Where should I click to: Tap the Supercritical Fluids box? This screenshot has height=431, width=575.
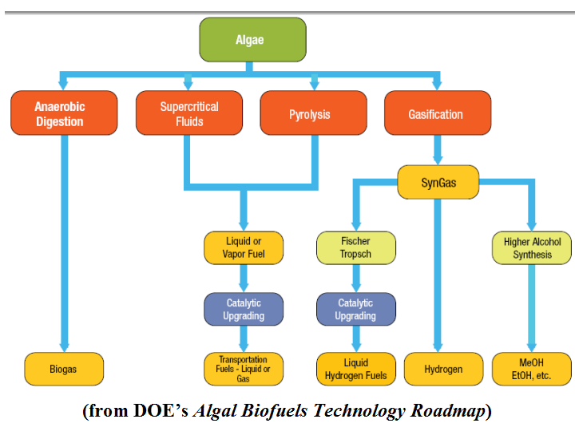(x=189, y=113)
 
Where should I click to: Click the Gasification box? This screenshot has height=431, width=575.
(x=435, y=113)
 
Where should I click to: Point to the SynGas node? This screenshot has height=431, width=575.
(x=438, y=182)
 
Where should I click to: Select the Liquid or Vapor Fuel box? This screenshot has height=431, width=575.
(x=244, y=248)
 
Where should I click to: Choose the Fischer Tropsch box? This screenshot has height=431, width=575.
(x=355, y=248)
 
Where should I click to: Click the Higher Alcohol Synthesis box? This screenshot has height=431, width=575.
(x=532, y=248)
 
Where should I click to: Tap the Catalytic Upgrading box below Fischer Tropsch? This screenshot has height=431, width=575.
(x=355, y=310)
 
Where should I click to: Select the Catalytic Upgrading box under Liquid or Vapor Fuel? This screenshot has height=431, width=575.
(x=244, y=310)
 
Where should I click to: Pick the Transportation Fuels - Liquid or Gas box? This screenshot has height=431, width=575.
(x=244, y=370)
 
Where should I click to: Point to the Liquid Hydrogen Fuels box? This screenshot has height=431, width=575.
(x=355, y=370)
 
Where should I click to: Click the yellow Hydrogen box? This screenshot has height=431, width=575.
(x=444, y=370)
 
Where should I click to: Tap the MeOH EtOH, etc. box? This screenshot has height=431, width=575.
(x=532, y=370)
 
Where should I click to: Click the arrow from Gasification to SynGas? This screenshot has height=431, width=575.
(x=438, y=149)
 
